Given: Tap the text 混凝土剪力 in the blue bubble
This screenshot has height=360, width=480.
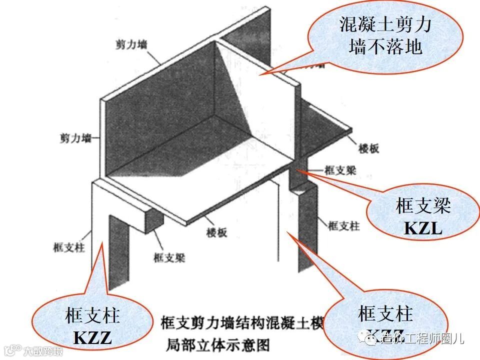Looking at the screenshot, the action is pyautogui.click(x=385, y=24).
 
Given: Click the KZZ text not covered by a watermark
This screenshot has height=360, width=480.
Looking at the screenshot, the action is pyautogui.click(x=92, y=338).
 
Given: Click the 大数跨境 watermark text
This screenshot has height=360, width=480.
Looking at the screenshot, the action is pyautogui.click(x=44, y=351).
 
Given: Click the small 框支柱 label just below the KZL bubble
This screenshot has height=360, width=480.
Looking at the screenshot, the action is pyautogui.click(x=343, y=226).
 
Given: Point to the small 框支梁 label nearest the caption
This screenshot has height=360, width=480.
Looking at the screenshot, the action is pyautogui.click(x=169, y=258).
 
